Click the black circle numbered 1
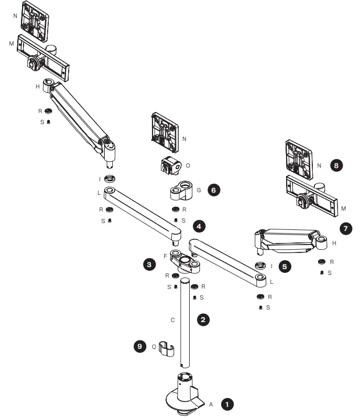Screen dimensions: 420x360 226,404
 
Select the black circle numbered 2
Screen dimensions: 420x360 203,319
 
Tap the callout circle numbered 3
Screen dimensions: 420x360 149,264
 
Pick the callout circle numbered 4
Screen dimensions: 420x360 199,226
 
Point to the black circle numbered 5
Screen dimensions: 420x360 285,266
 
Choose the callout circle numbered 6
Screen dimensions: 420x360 213,190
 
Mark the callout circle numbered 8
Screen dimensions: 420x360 337,165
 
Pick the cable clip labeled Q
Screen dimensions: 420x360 166,349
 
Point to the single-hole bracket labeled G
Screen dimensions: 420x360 181,192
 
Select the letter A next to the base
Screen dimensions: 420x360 211,404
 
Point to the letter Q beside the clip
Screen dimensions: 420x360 154,346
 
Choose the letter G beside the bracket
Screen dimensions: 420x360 199,190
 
